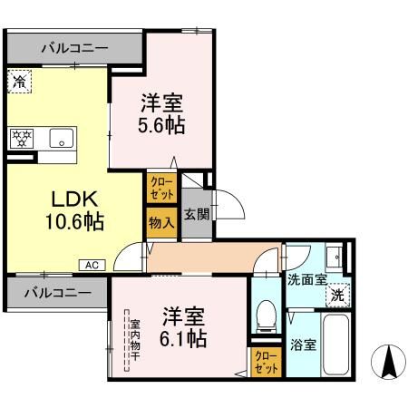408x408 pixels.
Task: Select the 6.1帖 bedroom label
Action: (x=184, y=327)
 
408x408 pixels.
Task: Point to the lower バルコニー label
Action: (x=56, y=293)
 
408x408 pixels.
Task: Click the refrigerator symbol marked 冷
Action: (x=20, y=82)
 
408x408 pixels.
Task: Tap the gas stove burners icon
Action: (x=22, y=139)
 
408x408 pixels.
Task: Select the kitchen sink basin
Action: (x=61, y=140)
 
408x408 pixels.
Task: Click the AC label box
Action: (x=92, y=265)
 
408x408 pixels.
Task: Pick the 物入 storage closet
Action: (x=160, y=222)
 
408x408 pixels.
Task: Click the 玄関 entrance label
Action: (x=197, y=214)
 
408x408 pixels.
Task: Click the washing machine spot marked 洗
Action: (x=336, y=295)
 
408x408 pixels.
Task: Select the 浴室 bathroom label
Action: (x=302, y=345)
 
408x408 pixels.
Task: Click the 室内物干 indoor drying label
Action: (x=133, y=339)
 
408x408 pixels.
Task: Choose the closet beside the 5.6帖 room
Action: (x=160, y=189)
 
